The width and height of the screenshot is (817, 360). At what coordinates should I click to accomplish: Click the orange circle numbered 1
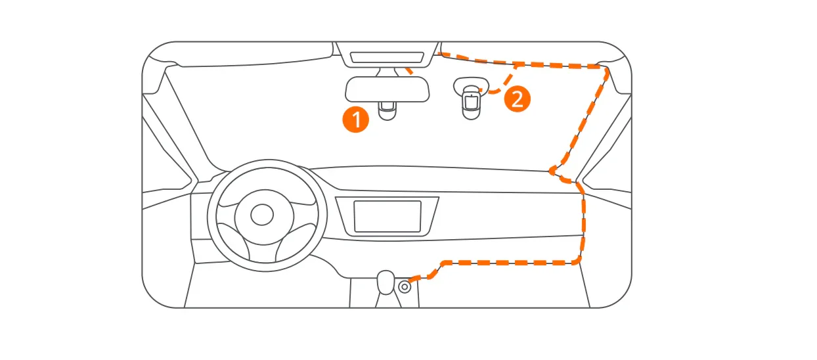tap(356, 120)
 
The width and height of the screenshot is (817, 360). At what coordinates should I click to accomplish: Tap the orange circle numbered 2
tap(517, 100)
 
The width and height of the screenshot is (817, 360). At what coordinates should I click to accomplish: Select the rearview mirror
tap(387, 89)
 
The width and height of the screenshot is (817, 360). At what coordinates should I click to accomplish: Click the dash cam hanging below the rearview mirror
tap(387, 110)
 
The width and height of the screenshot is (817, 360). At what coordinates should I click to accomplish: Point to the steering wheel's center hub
tap(262, 214)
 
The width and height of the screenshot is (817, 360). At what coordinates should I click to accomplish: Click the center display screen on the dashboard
tap(387, 216)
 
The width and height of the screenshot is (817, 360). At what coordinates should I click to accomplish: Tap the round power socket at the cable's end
tap(405, 286)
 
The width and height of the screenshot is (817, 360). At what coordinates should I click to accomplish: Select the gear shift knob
tap(386, 281)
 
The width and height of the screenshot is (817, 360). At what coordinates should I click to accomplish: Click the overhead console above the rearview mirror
tap(386, 57)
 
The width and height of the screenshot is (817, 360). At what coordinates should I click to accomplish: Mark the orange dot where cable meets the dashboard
tap(554, 171)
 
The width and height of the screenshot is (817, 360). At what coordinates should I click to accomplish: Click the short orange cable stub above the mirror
tap(408, 69)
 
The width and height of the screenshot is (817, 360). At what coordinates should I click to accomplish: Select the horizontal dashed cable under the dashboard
tap(512, 263)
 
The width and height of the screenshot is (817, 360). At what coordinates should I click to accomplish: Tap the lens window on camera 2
tap(471, 102)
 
